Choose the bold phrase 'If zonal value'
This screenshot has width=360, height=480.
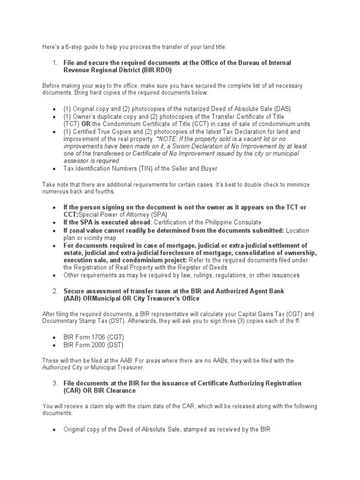point(86,230)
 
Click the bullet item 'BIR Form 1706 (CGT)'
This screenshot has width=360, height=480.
point(93,337)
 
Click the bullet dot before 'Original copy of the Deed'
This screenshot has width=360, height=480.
point(54,429)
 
